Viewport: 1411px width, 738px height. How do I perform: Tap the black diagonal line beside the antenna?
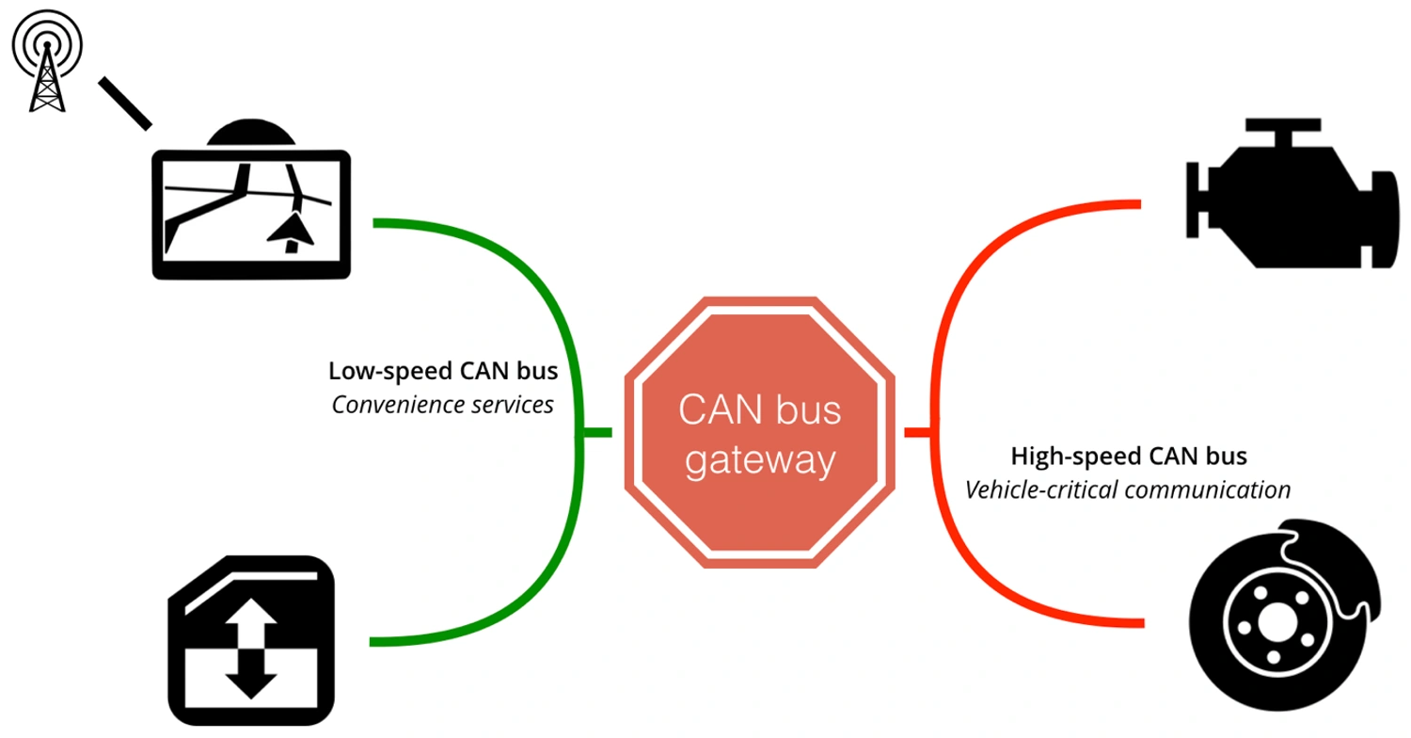(124, 102)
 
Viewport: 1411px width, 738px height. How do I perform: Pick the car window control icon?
(252, 640)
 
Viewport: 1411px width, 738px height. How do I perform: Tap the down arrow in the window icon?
(252, 675)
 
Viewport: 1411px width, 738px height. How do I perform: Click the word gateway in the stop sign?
(760, 461)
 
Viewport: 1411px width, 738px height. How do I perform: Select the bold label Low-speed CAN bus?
(442, 370)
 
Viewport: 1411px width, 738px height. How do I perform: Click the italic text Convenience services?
(442, 405)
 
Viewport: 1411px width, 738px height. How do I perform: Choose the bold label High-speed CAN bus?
(1129, 457)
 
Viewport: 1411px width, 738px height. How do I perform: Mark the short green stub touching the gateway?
(595, 432)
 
